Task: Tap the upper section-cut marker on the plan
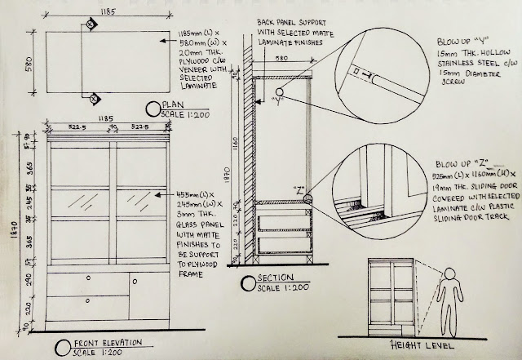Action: click(x=93, y=25)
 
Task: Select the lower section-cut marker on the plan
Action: click(x=94, y=100)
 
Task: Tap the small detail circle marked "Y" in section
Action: click(x=279, y=91)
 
